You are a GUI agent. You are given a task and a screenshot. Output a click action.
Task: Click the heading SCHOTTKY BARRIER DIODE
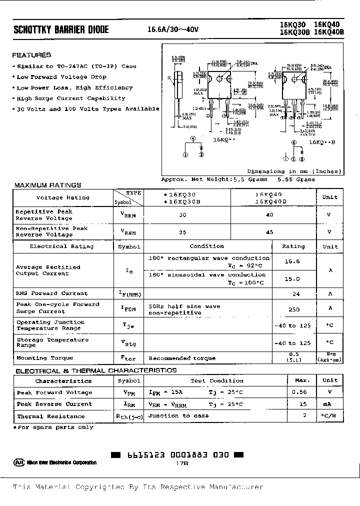pos(61,30)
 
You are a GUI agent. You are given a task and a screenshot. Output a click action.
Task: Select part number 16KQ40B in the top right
pos(329,33)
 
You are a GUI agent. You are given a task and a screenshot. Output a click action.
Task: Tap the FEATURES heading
pos(31,55)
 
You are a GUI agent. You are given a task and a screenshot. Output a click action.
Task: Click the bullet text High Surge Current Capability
pos(70,98)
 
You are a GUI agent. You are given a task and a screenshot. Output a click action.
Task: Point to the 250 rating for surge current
pos(294,309)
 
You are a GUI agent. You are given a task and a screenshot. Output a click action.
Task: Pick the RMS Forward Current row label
pos(51,293)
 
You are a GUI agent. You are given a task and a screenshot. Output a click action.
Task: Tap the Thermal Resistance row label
pos(44,416)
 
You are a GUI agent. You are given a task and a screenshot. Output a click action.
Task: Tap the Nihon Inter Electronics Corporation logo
pos(55,462)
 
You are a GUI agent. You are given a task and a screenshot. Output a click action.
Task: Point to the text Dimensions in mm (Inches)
pos(293,171)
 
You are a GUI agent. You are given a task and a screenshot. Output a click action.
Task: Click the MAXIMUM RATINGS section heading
pos(47,185)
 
